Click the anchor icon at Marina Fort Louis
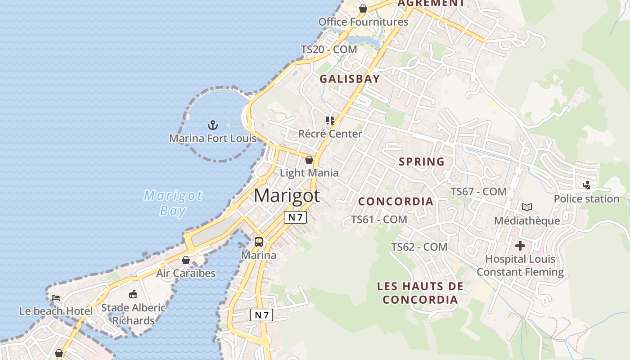point(212,125)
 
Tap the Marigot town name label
point(287,196)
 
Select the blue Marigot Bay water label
point(173,203)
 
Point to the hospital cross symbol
point(520,246)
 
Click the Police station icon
point(586,185)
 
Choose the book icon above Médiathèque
point(527,207)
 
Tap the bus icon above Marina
point(259,242)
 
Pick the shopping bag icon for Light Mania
point(309,160)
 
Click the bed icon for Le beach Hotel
point(56,298)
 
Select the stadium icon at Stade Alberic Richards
point(133,294)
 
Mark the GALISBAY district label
point(350,79)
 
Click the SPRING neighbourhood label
point(422,162)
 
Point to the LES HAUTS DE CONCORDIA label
point(420,293)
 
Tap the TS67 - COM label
point(479,192)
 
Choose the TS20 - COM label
point(329,49)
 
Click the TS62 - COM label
point(419,247)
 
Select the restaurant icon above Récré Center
point(330,121)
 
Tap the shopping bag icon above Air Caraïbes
point(185,260)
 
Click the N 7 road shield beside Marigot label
point(295,217)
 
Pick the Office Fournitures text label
point(363,22)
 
